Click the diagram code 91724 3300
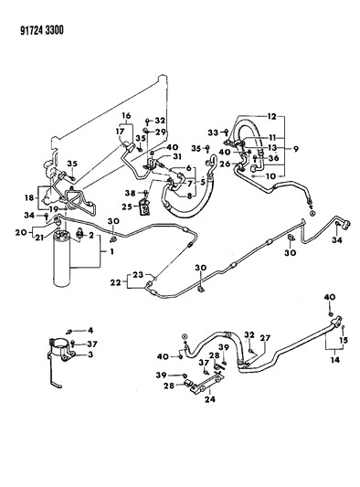[42, 30]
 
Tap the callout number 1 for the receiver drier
[111, 251]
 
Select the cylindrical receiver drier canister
[62, 258]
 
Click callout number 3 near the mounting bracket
[90, 355]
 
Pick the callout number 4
[90, 330]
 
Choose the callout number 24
[209, 398]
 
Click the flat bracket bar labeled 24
[205, 384]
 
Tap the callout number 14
[335, 360]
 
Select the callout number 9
[295, 148]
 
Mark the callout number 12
[271, 116]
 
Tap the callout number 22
[115, 282]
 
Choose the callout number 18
[30, 197]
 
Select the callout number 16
[126, 116]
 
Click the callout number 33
[213, 132]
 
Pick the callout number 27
[266, 337]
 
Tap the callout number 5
[203, 182]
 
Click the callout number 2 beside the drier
[91, 235]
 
